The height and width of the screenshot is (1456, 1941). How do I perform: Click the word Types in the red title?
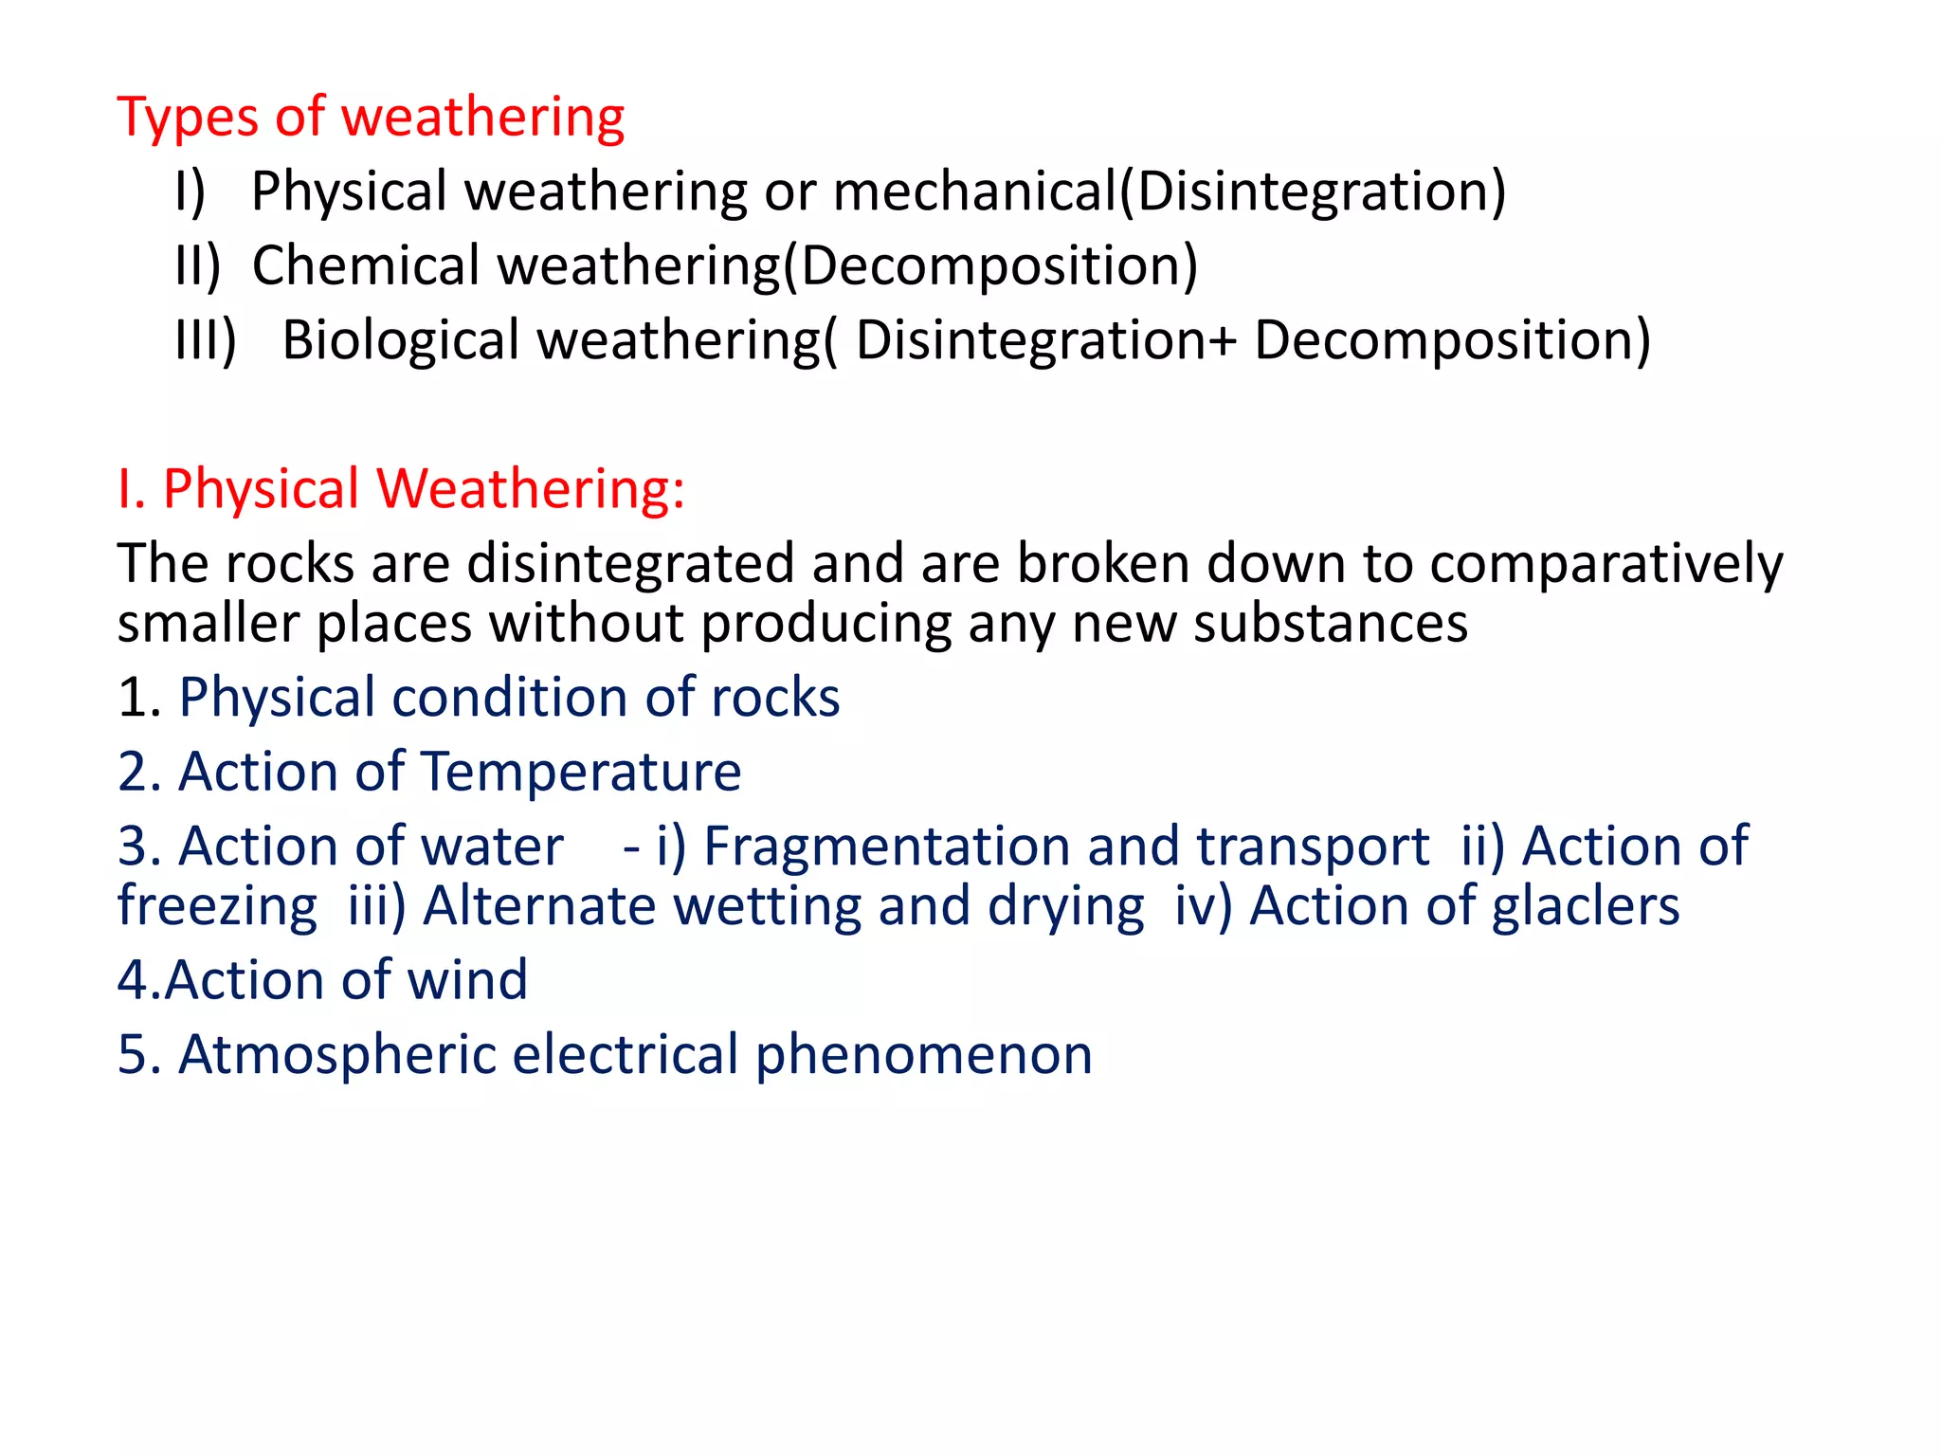[188, 119]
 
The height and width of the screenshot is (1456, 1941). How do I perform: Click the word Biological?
[401, 340]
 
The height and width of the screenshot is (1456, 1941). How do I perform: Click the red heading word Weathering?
[531, 489]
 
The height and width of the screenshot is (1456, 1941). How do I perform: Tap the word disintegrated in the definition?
[630, 564]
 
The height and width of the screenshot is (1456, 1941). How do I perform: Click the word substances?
[1331, 624]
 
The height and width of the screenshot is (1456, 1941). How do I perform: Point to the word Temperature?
[581, 772]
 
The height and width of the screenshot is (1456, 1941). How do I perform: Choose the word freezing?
[218, 907]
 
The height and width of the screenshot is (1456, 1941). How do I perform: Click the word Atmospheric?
[337, 1055]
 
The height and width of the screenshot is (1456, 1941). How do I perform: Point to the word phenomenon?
[924, 1057]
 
